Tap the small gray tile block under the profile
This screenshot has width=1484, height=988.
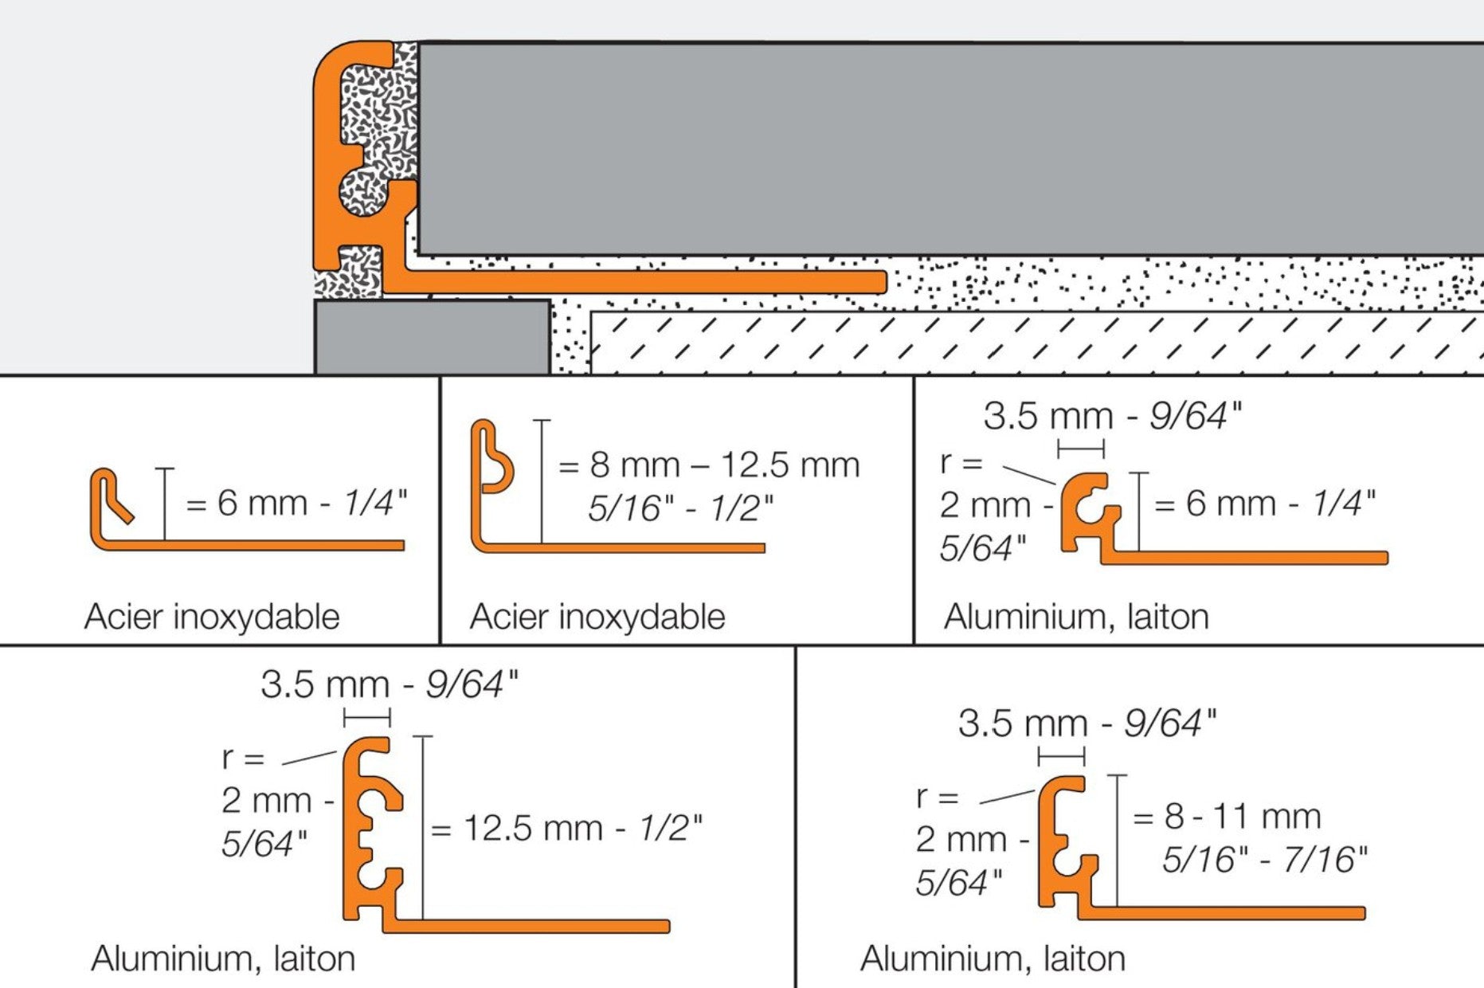pyautogui.click(x=432, y=337)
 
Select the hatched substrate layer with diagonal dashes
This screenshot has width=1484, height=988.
pyautogui.click(x=1036, y=343)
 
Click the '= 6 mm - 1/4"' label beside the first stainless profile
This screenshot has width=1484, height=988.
pyautogui.click(x=296, y=504)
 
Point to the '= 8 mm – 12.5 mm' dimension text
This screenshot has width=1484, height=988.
pyautogui.click(x=709, y=465)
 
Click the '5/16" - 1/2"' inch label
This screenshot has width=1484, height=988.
pyautogui.click(x=681, y=508)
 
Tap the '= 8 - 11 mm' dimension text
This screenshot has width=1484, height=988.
pyautogui.click(x=1227, y=816)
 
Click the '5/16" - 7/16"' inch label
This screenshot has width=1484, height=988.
pyautogui.click(x=1265, y=859)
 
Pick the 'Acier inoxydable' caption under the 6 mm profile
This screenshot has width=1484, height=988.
pyautogui.click(x=212, y=617)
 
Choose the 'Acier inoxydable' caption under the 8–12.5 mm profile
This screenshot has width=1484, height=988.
pyautogui.click(x=597, y=617)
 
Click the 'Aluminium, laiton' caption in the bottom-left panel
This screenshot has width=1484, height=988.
pyautogui.click(x=223, y=959)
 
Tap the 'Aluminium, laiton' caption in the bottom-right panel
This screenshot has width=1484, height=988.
pyautogui.click(x=993, y=959)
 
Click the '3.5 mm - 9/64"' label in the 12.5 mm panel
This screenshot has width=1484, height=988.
pyautogui.click(x=390, y=684)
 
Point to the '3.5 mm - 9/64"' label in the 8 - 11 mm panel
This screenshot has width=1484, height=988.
pyautogui.click(x=1087, y=723)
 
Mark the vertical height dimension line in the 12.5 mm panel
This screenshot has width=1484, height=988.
pyautogui.click(x=423, y=829)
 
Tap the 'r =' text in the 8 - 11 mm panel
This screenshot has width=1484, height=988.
pyautogui.click(x=938, y=796)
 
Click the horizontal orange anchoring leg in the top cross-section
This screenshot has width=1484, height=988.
pyautogui.click(x=637, y=281)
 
